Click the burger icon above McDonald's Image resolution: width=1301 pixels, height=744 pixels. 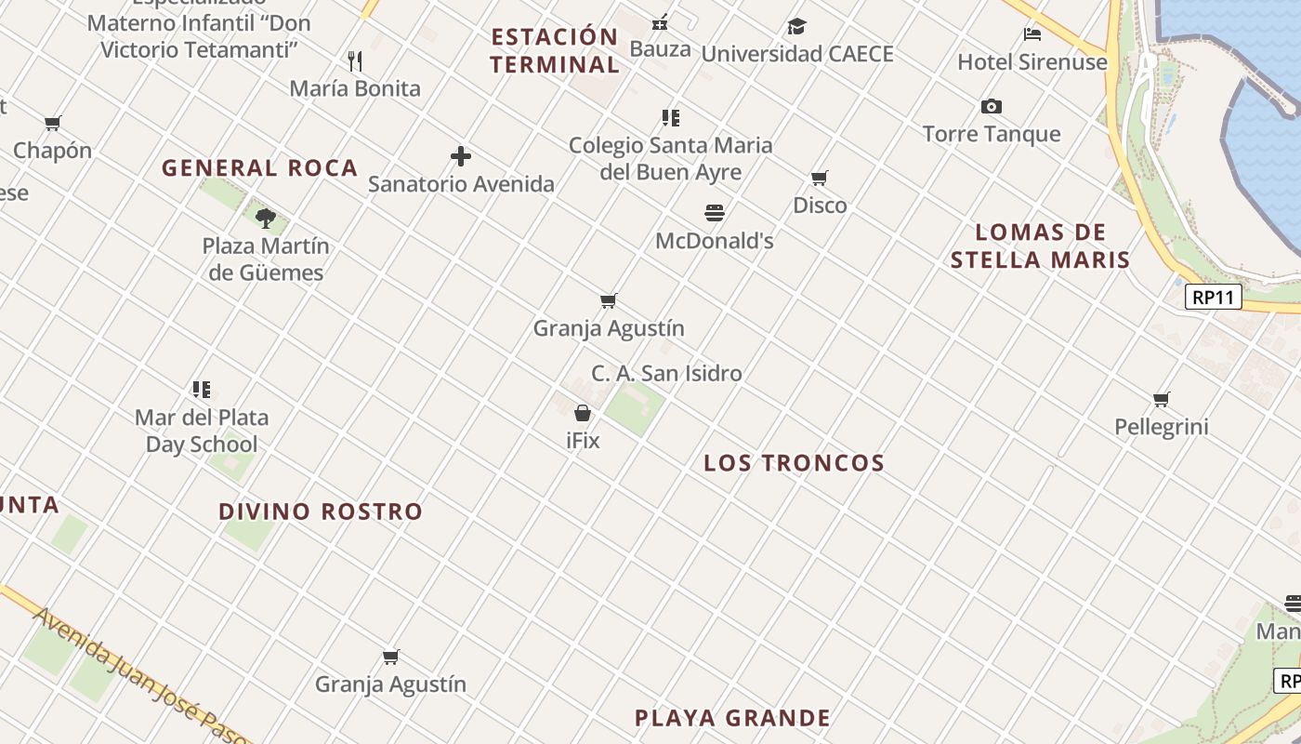click(714, 213)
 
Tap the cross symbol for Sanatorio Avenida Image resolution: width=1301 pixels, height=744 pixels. click(461, 156)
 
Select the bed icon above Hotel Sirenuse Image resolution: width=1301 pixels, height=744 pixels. click(1032, 34)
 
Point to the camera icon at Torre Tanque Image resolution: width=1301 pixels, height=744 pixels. click(992, 106)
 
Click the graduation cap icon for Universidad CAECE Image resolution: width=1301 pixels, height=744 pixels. click(796, 26)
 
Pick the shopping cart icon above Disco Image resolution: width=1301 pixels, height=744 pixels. click(820, 178)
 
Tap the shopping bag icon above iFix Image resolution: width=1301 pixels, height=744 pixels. click(583, 413)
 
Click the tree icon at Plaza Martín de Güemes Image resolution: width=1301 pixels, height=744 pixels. click(266, 219)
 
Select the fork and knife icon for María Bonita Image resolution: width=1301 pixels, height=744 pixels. click(354, 61)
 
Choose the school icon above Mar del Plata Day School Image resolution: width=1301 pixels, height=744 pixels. click(202, 389)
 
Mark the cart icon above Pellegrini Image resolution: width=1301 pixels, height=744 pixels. click(1162, 400)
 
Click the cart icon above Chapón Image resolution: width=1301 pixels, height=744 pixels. click(53, 123)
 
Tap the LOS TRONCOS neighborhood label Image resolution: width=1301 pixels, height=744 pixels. click(794, 463)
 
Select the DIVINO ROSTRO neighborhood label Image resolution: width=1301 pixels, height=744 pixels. click(321, 511)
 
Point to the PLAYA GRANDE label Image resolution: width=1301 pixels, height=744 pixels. click(732, 718)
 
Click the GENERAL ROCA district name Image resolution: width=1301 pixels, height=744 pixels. click(259, 168)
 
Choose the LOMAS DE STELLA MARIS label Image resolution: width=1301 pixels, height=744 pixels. click(1040, 246)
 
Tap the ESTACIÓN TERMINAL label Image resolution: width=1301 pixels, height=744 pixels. click(555, 51)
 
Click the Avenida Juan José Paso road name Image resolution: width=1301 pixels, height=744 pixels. click(139, 675)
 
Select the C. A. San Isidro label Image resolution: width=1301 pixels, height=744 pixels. click(666, 374)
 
